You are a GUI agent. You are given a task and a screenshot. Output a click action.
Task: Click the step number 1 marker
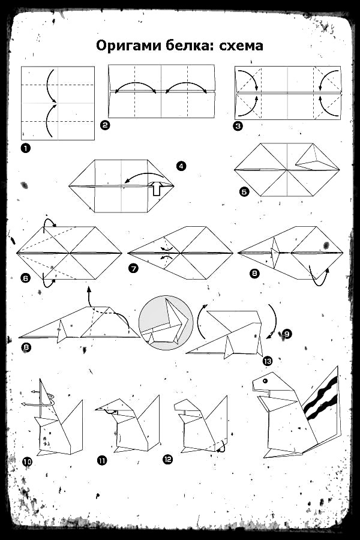tap(25, 148)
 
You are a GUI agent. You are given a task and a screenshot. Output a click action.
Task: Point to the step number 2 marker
tap(105, 125)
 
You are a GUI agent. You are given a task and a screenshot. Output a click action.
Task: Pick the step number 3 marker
tap(238, 126)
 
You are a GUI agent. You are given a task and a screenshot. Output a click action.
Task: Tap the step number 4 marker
tap(181, 166)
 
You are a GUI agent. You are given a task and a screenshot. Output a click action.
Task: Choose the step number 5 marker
tap(244, 191)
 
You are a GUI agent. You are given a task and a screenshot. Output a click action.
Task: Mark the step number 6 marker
tap(25, 278)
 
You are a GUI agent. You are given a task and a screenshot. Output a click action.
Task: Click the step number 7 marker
tap(133, 268)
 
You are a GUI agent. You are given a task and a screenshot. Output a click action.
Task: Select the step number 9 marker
tap(287, 334)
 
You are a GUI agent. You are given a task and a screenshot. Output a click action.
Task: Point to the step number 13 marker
tap(268, 361)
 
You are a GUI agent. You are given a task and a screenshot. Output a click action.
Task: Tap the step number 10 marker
tap(27, 461)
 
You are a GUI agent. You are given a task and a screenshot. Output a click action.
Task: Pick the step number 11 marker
tap(102, 460)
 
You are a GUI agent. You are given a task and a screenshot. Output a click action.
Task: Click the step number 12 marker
tap(167, 459)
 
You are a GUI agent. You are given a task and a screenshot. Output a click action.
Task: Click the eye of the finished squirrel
tap(265, 381)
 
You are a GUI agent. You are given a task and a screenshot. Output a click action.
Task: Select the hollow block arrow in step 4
tap(157, 189)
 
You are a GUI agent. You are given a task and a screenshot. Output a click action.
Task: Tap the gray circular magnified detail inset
tap(166, 322)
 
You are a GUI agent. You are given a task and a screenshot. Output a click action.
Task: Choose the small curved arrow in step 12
tap(222, 446)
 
